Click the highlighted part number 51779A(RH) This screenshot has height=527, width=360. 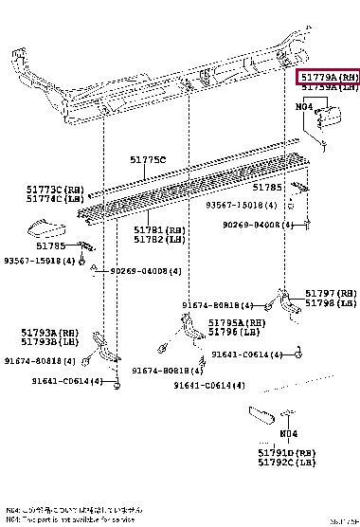point(328,76)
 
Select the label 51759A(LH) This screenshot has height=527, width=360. point(328,87)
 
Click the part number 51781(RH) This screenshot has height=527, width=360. point(159,230)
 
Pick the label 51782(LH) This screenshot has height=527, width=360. point(159,240)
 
